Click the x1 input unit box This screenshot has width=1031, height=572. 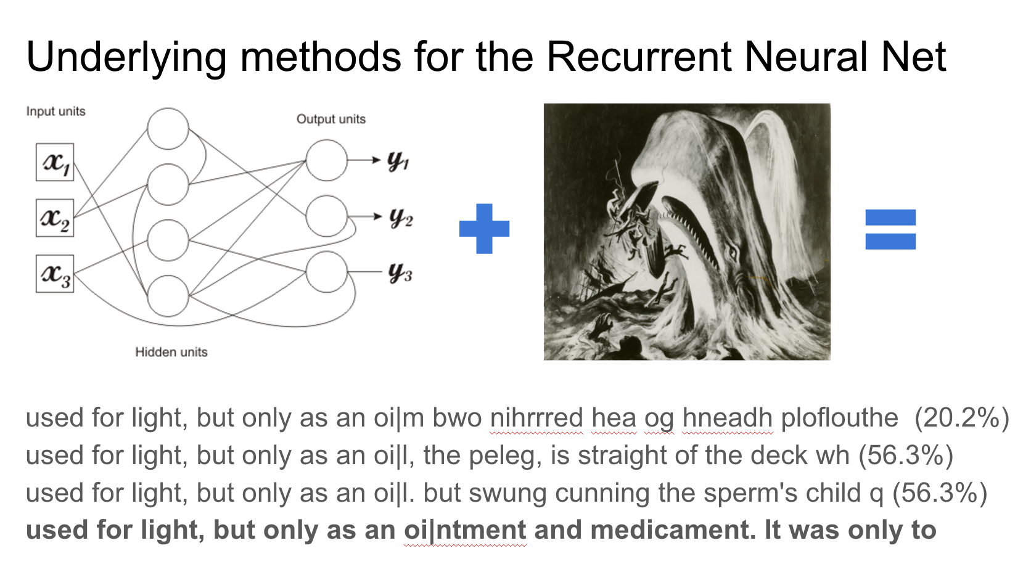55,163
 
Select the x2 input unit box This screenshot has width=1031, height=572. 55,218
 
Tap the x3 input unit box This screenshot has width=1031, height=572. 55,274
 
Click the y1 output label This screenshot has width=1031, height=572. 398,161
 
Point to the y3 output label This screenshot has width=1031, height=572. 400,272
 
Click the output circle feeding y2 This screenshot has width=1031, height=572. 327,216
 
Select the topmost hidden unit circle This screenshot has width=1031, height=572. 168,129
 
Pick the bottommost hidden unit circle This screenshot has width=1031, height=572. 168,296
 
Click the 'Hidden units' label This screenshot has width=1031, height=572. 171,352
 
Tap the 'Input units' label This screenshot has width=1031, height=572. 55,112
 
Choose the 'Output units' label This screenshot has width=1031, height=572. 331,119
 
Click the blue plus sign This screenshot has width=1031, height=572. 485,229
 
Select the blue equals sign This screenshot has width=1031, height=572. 890,229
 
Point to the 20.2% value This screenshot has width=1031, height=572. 961,418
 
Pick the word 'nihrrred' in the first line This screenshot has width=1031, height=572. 536,418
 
